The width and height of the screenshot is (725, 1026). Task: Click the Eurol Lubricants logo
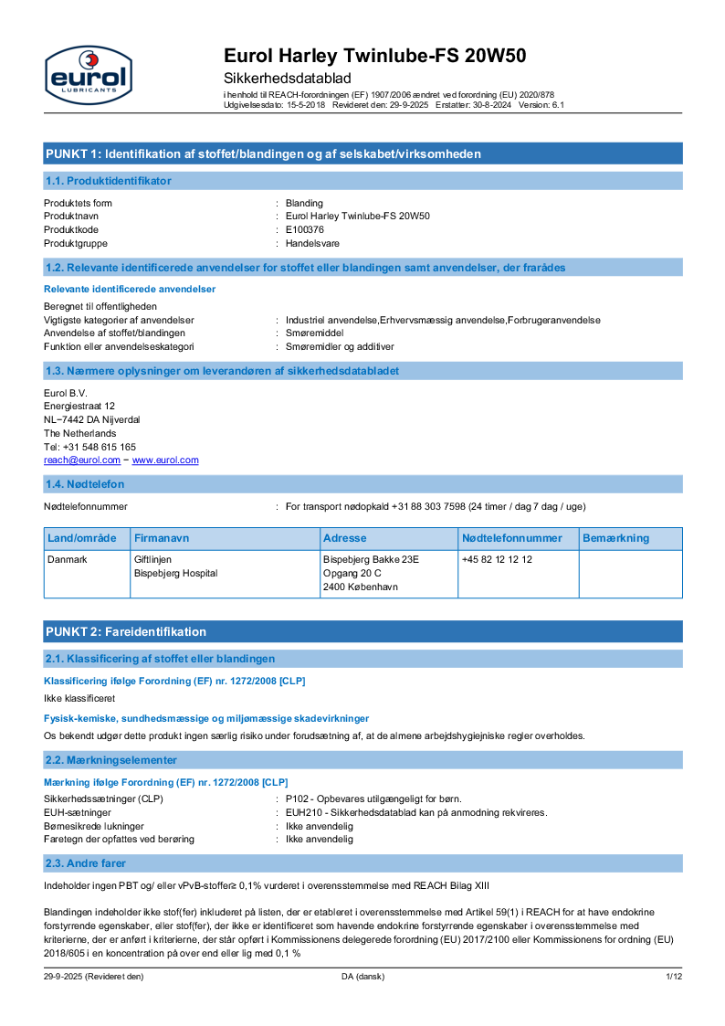point(89,74)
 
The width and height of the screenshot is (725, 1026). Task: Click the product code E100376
point(305,229)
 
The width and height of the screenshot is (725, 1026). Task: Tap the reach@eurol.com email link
point(82,460)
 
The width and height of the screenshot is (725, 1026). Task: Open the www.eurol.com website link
point(165,460)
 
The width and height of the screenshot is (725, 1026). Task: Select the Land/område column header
point(82,538)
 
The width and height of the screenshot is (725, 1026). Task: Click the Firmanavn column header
point(162,538)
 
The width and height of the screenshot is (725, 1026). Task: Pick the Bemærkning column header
point(615,538)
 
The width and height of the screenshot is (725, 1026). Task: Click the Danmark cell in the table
point(68,559)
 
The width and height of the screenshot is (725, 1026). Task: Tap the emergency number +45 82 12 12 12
point(497,559)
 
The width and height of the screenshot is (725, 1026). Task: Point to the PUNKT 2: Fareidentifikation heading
point(126,631)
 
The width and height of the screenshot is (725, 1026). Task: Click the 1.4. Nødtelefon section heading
point(85,483)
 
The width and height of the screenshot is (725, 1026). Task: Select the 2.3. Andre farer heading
point(86,863)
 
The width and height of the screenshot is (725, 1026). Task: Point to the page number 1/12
point(674,977)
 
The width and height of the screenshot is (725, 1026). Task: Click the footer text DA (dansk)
point(362,977)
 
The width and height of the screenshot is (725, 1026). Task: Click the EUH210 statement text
point(416,812)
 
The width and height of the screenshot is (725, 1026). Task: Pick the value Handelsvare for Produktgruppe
point(311,243)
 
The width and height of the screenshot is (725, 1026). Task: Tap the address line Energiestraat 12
point(79,406)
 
